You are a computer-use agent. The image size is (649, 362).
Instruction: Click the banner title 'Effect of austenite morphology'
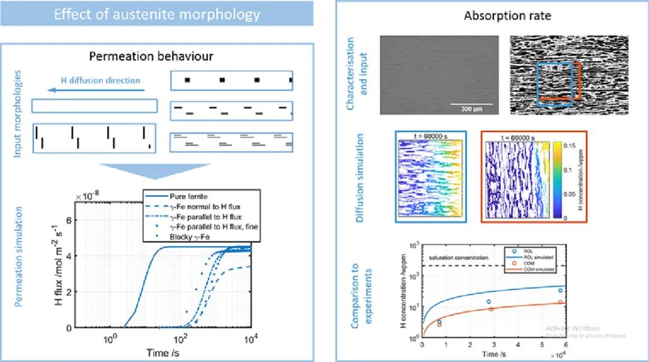click(157, 14)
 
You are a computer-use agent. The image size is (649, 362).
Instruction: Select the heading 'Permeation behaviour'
click(151, 56)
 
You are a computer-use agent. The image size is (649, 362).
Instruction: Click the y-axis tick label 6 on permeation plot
click(69, 220)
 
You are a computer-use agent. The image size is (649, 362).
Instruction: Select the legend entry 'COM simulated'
click(538, 270)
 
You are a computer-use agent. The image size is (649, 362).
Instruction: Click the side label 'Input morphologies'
click(18, 113)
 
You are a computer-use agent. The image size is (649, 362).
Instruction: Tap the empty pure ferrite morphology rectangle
click(94, 106)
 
